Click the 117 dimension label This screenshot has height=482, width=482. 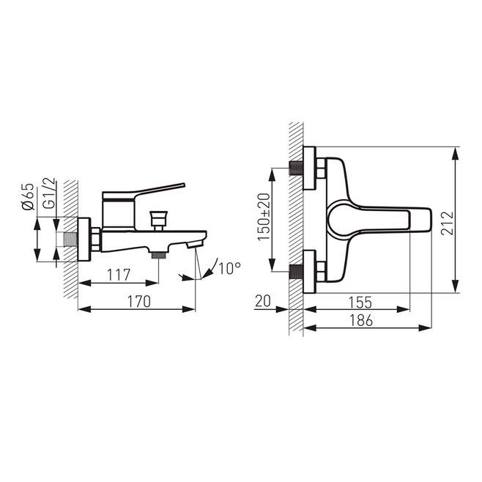[119, 275]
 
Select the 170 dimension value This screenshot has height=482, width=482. [139, 301]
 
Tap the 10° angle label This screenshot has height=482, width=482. [229, 268]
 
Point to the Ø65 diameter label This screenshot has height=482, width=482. [28, 197]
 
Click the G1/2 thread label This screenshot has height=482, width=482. [49, 193]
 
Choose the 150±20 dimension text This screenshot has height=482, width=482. [264, 217]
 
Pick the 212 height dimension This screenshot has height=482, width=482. [448, 223]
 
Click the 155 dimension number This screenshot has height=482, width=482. [360, 303]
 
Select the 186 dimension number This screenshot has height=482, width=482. [361, 320]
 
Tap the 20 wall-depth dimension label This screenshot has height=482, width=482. [263, 301]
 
